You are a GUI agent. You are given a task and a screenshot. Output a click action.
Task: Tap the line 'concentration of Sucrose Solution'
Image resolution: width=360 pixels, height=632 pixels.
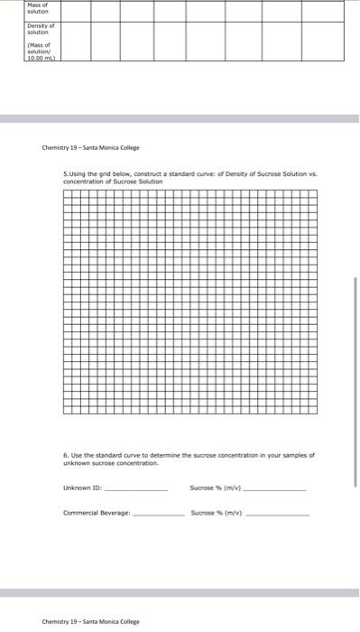(107, 181)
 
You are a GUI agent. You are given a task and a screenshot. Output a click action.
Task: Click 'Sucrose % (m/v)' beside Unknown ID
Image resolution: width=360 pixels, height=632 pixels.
(216, 489)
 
